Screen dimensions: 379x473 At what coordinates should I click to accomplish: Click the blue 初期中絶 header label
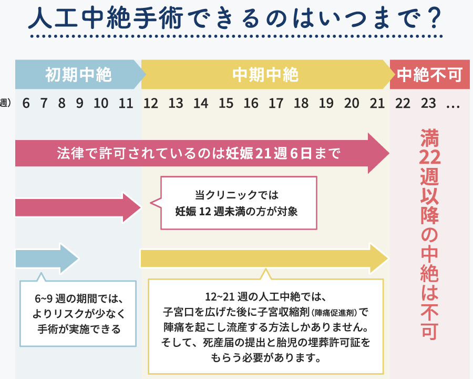[78, 75]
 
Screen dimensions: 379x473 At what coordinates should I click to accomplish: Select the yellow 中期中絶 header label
[265, 75]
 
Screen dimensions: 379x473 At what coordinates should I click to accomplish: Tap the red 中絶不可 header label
[429, 75]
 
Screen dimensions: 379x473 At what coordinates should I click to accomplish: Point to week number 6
[26, 103]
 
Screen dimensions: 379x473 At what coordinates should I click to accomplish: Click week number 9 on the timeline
[79, 103]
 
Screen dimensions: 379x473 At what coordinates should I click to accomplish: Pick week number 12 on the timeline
[151, 103]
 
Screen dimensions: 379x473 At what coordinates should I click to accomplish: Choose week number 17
[276, 103]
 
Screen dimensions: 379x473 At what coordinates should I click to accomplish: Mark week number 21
[377, 103]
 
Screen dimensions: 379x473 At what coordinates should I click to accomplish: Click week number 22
[403, 103]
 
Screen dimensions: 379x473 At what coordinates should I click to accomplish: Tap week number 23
[428, 103]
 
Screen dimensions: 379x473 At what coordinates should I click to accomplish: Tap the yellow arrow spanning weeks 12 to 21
[263, 258]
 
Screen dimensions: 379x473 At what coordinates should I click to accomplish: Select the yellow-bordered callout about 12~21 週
[266, 326]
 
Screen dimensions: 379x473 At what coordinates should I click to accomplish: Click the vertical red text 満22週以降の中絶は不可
[429, 234]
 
